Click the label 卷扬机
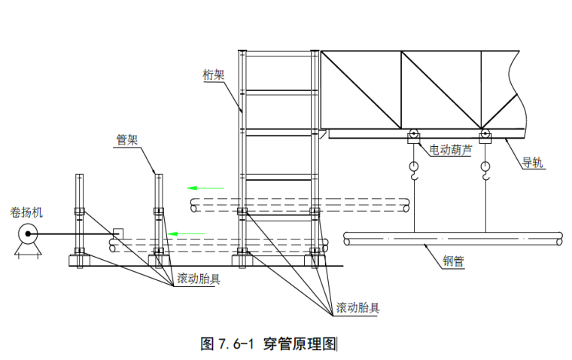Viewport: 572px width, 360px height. pos(26,212)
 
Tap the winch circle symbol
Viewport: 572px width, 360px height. pos(28,235)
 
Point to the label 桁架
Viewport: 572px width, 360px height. pos(214,75)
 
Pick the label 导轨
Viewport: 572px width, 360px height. pos(534,162)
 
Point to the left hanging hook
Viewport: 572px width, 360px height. pos(414,171)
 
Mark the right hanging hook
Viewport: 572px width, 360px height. pos(485,171)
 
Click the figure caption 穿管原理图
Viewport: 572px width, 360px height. pos(300,344)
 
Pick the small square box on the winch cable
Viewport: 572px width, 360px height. pos(117,233)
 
